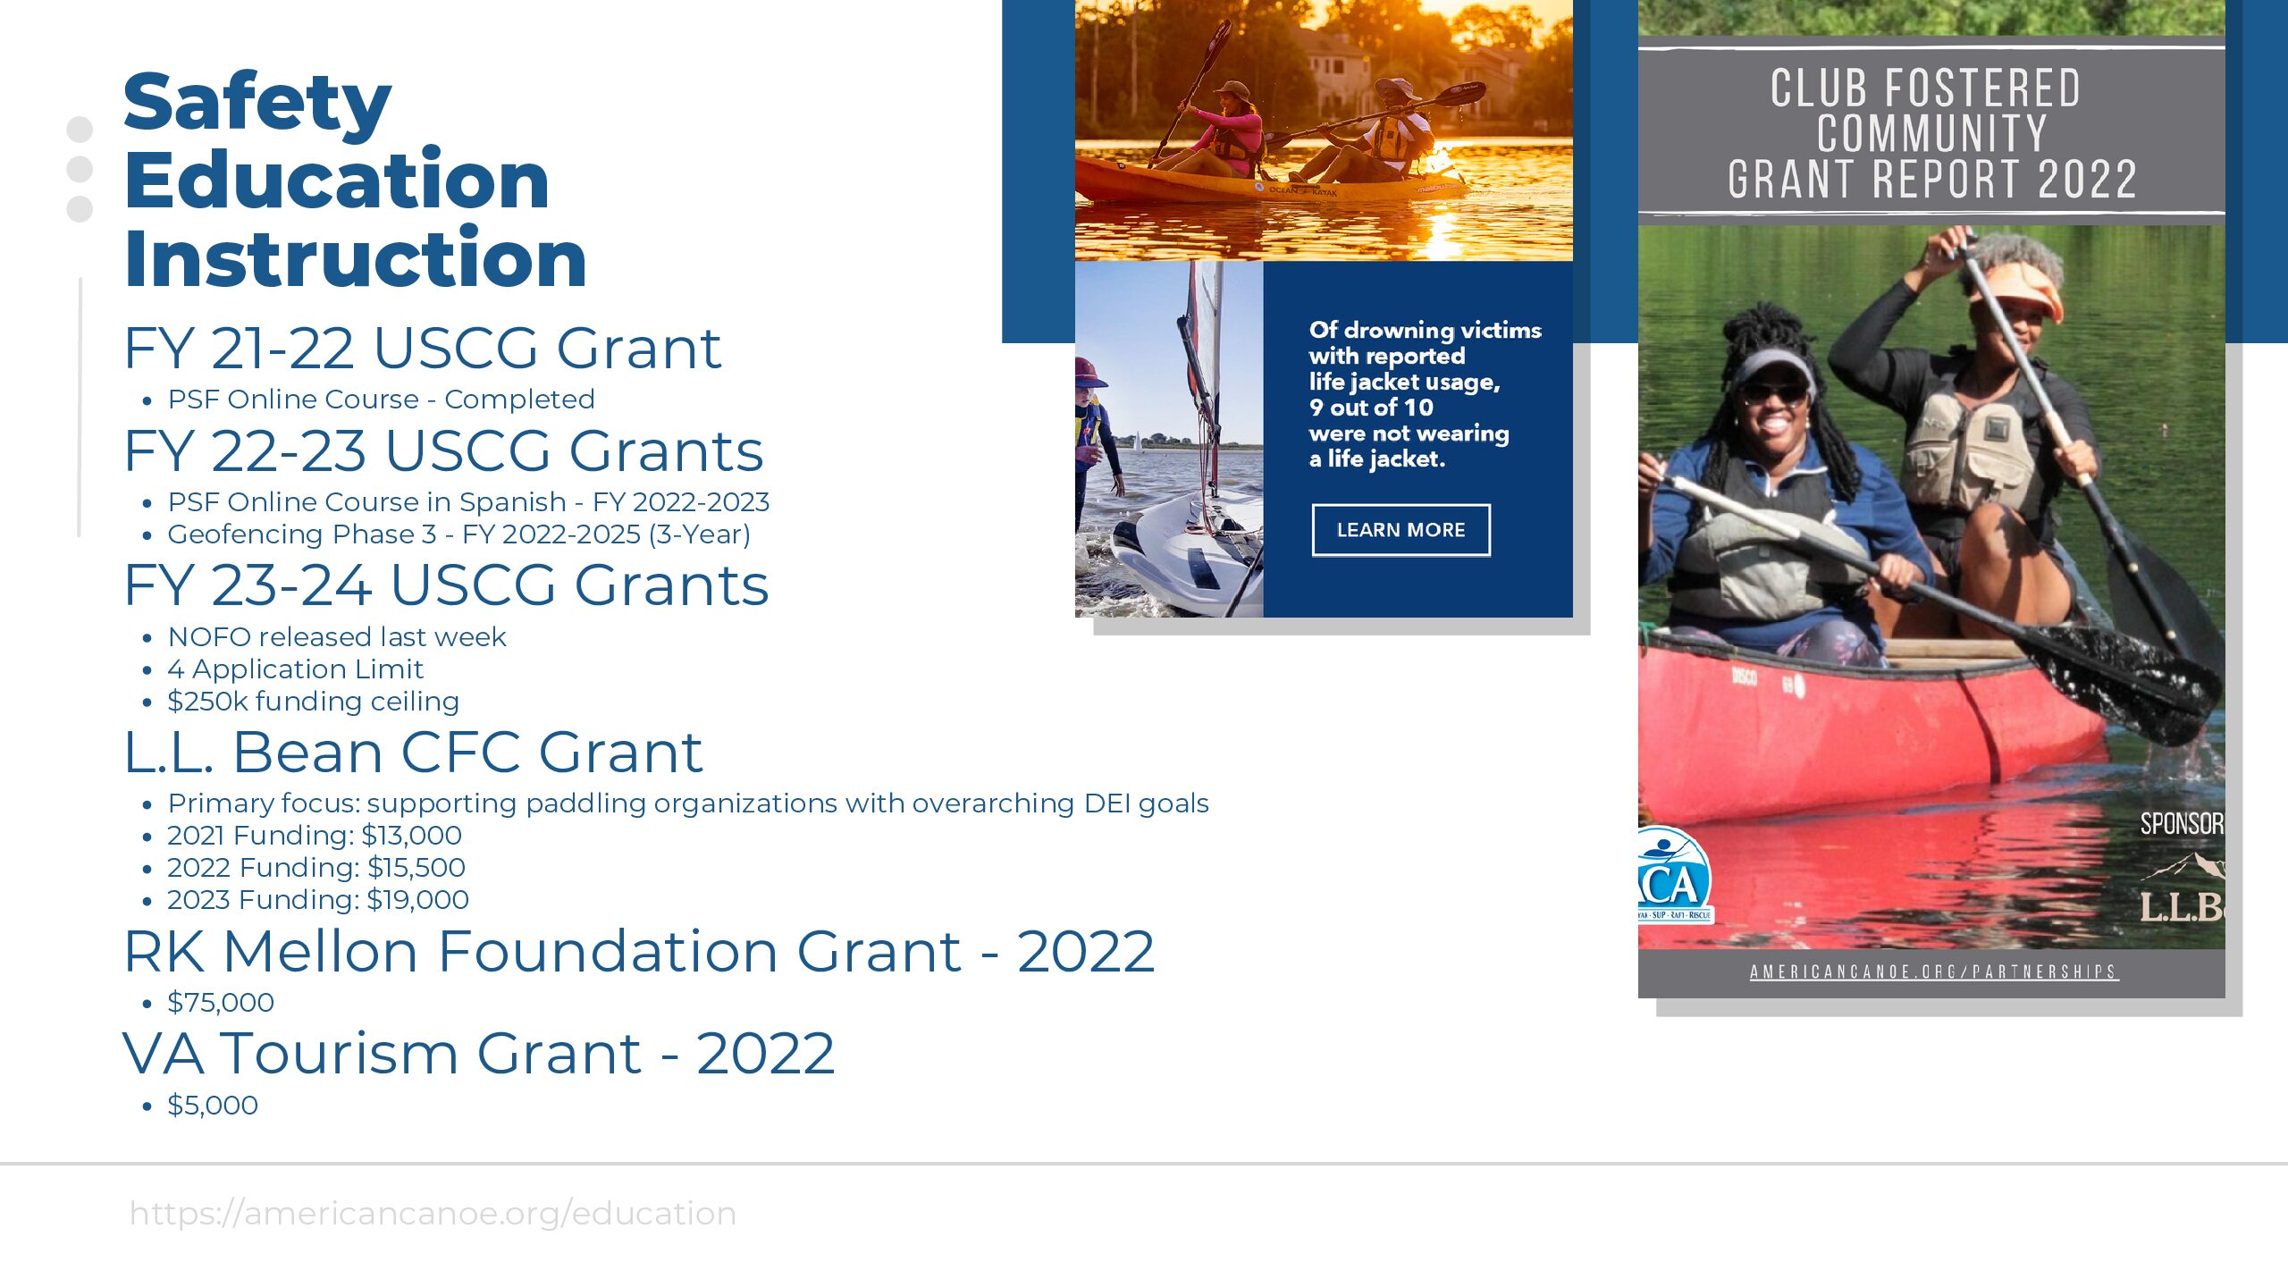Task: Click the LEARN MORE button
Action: point(1401,530)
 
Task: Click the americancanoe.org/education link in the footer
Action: point(433,1214)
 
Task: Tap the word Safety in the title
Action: point(257,103)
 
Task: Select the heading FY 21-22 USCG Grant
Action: point(422,348)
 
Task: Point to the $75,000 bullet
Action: point(221,1003)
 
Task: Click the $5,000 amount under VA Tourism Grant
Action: point(213,1106)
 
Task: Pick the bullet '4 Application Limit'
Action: point(295,669)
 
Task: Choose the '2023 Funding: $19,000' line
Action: point(318,900)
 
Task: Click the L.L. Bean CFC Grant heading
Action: point(413,752)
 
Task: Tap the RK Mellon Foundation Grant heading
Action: point(639,951)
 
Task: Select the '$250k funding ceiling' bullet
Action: point(313,702)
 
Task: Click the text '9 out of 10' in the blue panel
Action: point(1371,408)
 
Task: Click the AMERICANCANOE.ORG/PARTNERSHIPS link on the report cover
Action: point(1933,972)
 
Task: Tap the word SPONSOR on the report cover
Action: point(2182,823)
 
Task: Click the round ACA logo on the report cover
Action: point(1673,876)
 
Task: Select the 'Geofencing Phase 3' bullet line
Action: point(458,534)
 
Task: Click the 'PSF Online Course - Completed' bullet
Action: point(381,400)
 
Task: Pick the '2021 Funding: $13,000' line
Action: point(315,836)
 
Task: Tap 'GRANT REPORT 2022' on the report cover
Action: point(1931,180)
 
